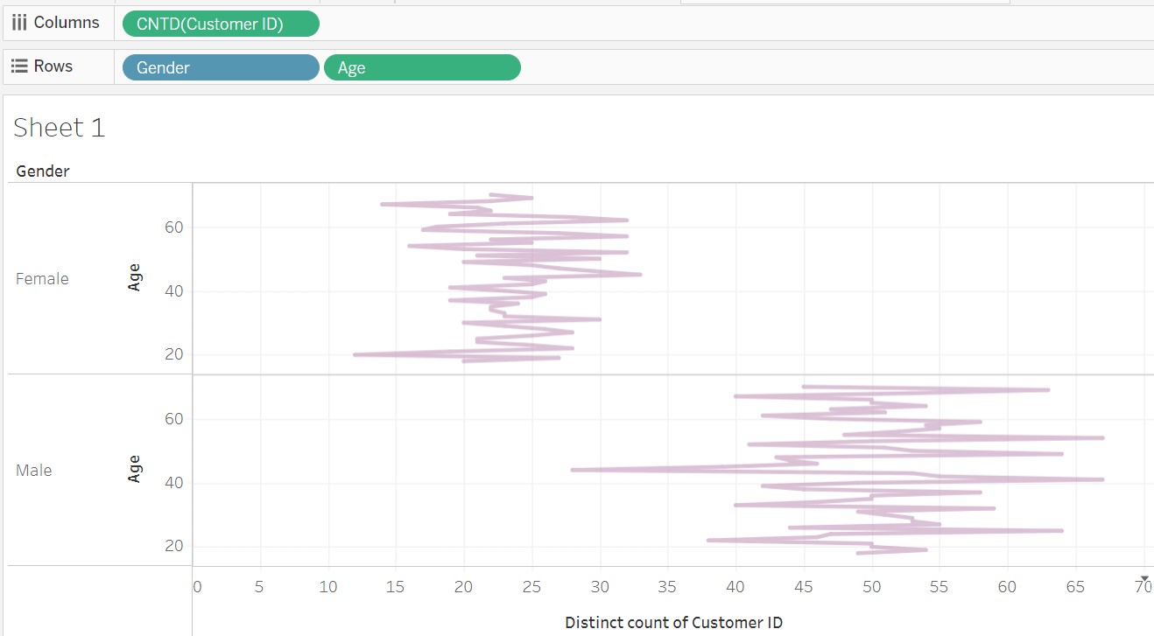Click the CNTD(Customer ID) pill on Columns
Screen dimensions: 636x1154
click(x=221, y=24)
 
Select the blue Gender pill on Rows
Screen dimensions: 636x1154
click(x=220, y=67)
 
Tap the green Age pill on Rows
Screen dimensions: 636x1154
click(x=422, y=67)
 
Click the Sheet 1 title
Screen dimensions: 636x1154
click(x=60, y=128)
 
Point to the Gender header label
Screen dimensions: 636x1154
click(x=43, y=171)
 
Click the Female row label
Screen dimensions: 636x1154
click(x=42, y=279)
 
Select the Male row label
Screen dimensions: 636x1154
click(x=34, y=471)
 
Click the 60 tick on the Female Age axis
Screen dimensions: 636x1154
click(x=173, y=227)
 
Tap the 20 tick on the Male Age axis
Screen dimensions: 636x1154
click(x=173, y=546)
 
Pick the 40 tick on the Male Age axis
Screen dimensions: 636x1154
click(x=173, y=483)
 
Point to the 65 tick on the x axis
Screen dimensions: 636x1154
click(x=1075, y=587)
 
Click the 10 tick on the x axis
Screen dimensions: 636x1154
click(x=328, y=587)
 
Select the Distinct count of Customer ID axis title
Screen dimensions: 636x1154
click(x=673, y=623)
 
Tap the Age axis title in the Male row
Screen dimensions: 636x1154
click(x=134, y=469)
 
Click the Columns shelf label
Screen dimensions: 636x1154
click(x=57, y=23)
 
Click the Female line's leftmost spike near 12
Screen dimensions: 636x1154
click(x=355, y=354)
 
